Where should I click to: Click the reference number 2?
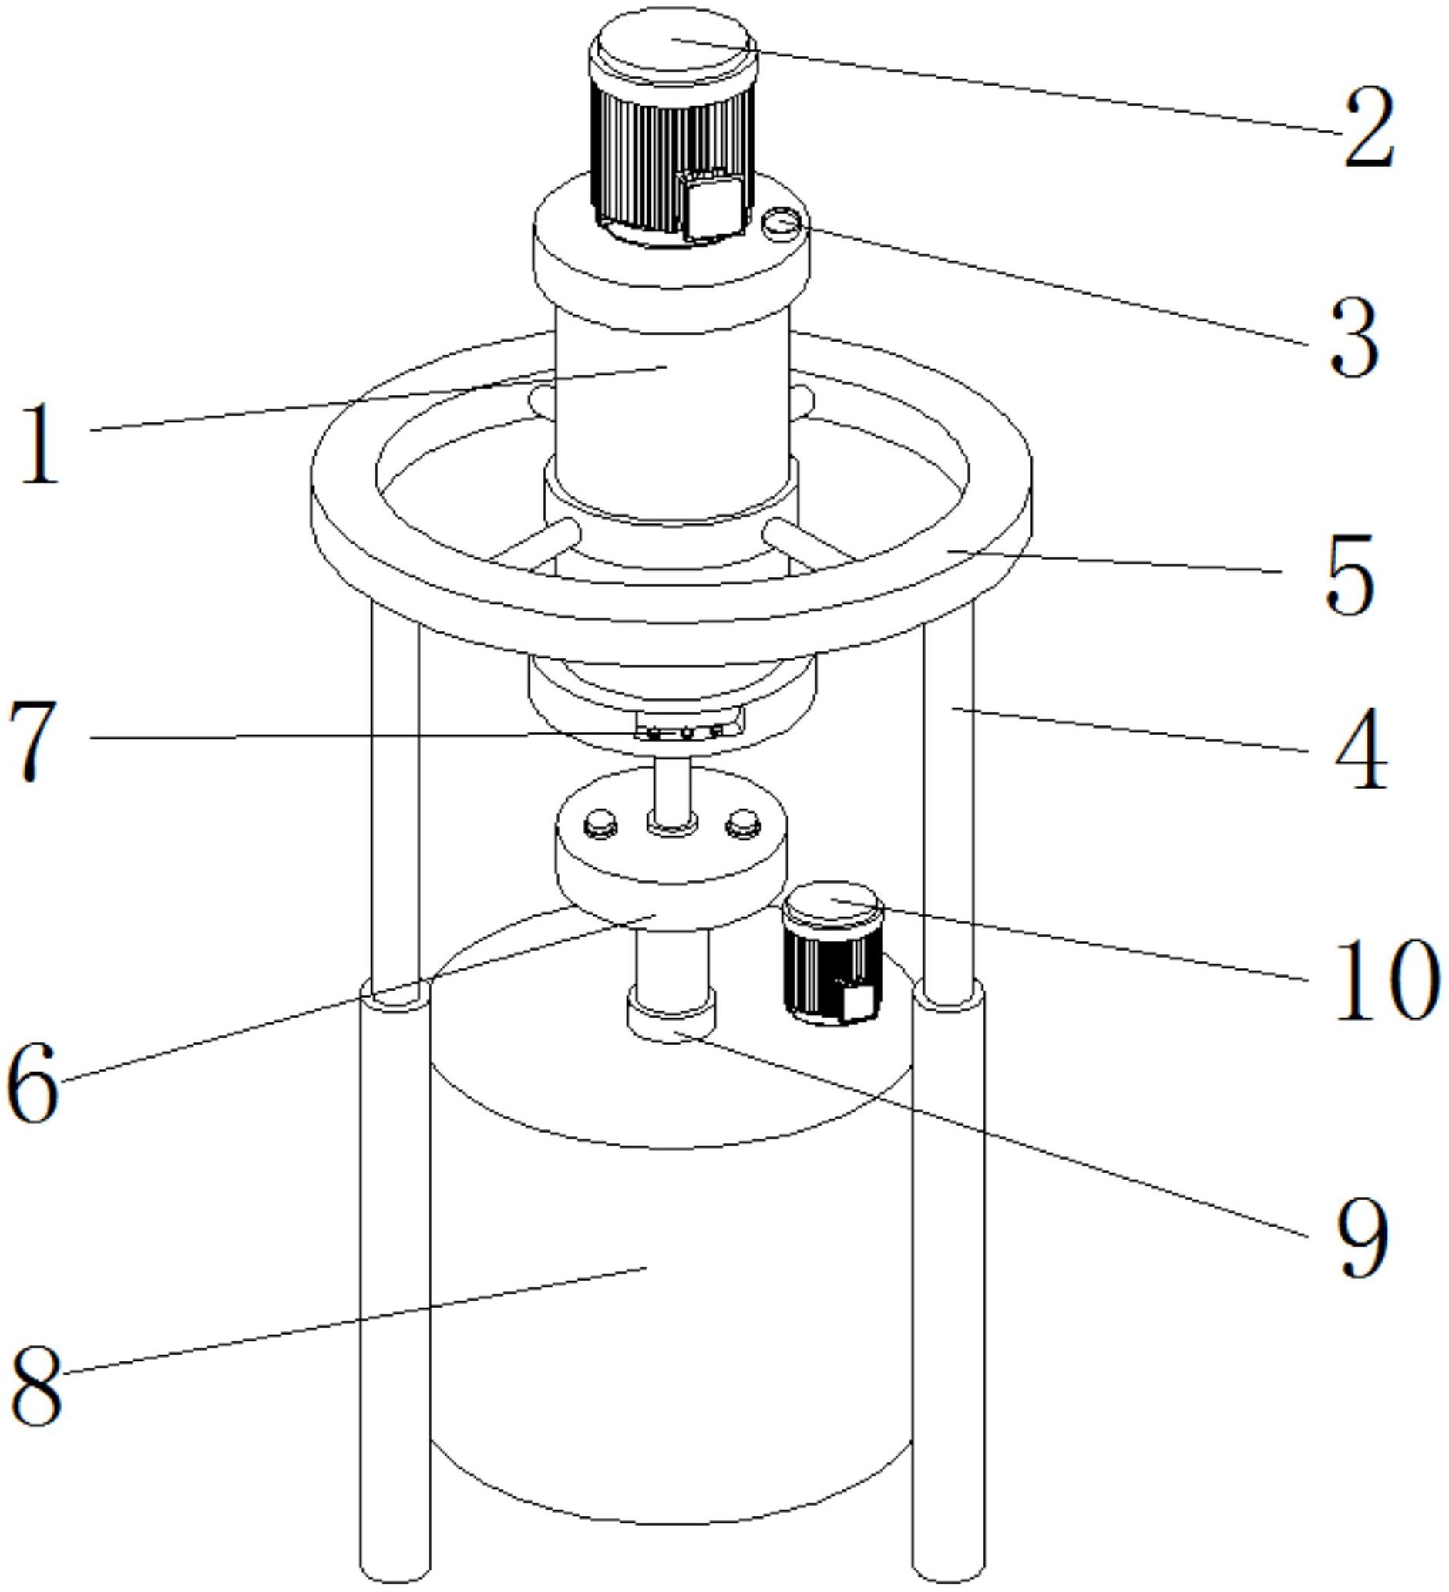click(1370, 127)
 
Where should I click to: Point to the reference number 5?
click(1350, 574)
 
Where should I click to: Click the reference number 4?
click(1360, 748)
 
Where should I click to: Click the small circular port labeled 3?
click(780, 224)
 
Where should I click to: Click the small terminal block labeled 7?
click(687, 725)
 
